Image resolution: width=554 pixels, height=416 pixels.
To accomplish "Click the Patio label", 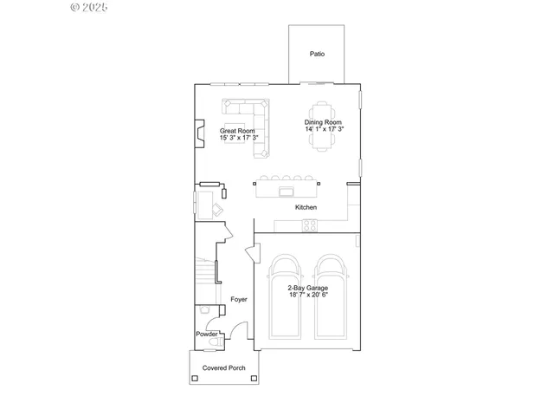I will point(317,54).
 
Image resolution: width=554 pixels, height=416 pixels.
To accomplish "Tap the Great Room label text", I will point(236,131).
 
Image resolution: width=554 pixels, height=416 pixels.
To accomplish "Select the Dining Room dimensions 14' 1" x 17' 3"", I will point(325,130).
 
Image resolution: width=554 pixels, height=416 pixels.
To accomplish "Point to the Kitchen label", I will point(306,208).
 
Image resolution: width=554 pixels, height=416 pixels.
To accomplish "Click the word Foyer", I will point(238,299).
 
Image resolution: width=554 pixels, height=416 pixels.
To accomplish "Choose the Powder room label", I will point(206,335).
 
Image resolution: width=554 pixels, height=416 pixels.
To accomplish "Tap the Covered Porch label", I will point(224,368).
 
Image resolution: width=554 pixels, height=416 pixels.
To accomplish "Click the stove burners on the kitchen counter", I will point(309,225).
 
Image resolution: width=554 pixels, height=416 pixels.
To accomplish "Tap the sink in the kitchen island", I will point(287,188).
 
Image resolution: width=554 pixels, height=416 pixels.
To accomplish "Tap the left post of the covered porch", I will point(190,367).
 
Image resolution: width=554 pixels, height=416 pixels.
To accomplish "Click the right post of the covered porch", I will point(258,367).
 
